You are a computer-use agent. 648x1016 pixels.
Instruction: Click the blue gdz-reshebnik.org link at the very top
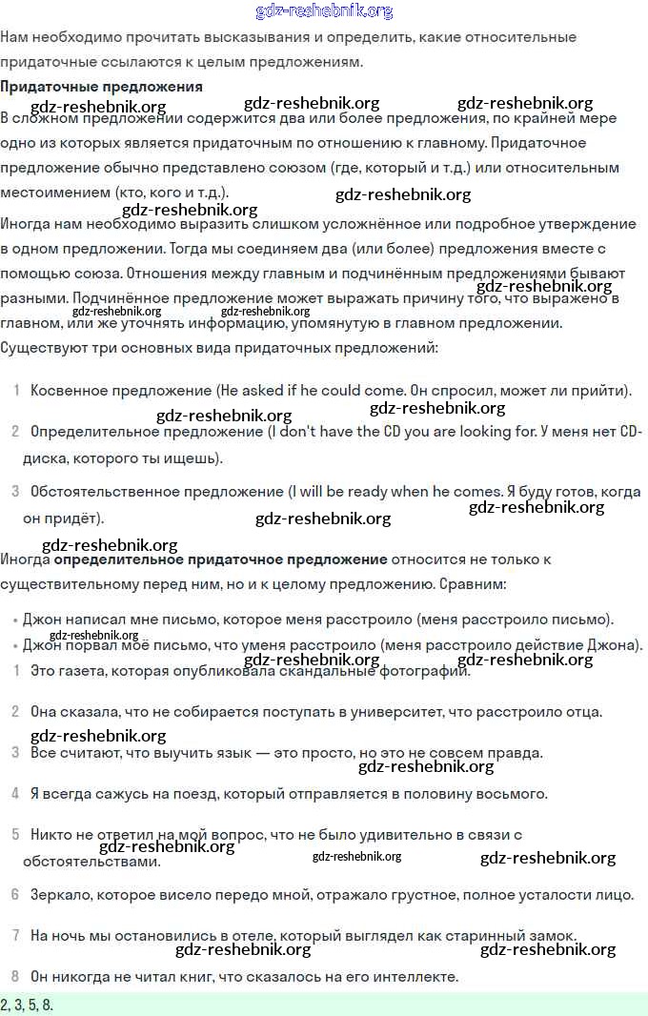(x=324, y=11)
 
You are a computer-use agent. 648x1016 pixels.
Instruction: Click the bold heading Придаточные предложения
(x=101, y=87)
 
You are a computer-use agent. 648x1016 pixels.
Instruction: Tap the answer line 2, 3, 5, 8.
(x=28, y=1005)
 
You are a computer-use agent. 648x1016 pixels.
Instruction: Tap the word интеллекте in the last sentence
(x=412, y=976)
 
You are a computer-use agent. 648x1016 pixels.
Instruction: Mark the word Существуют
(x=42, y=348)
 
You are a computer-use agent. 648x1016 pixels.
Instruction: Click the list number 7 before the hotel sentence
(x=15, y=935)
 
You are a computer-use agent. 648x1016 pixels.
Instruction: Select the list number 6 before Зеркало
(x=15, y=894)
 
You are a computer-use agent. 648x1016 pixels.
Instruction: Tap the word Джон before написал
(x=41, y=619)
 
